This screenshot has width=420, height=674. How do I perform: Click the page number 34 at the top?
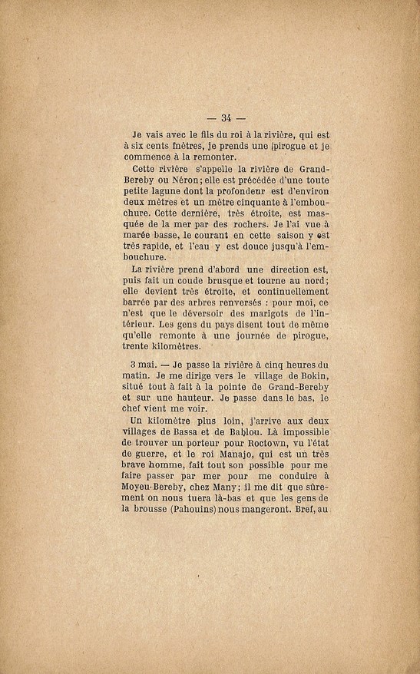point(226,117)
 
